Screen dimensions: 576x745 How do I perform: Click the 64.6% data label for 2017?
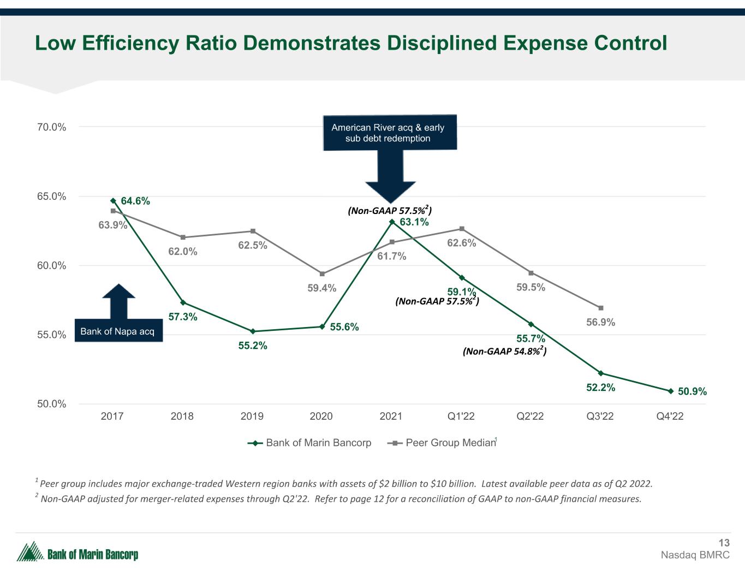point(135,201)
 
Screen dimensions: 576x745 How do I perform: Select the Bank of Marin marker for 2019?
point(252,331)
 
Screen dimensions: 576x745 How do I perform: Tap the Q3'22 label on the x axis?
point(600,416)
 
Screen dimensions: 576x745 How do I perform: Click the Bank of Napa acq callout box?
point(117,331)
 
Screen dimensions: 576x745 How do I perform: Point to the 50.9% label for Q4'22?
point(692,391)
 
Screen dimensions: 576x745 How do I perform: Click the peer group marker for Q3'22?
point(601,308)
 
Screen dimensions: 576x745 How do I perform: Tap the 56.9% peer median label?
point(600,323)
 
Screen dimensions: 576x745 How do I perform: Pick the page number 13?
point(724,543)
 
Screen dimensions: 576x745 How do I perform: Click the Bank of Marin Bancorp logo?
point(78,553)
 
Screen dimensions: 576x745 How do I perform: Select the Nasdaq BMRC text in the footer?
point(695,555)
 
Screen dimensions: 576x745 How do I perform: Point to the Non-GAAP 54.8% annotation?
point(504,351)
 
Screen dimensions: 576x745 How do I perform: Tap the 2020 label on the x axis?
point(321,416)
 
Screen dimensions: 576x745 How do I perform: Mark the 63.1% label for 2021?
point(414,222)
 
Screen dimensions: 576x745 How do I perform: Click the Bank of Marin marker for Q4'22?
point(670,391)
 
